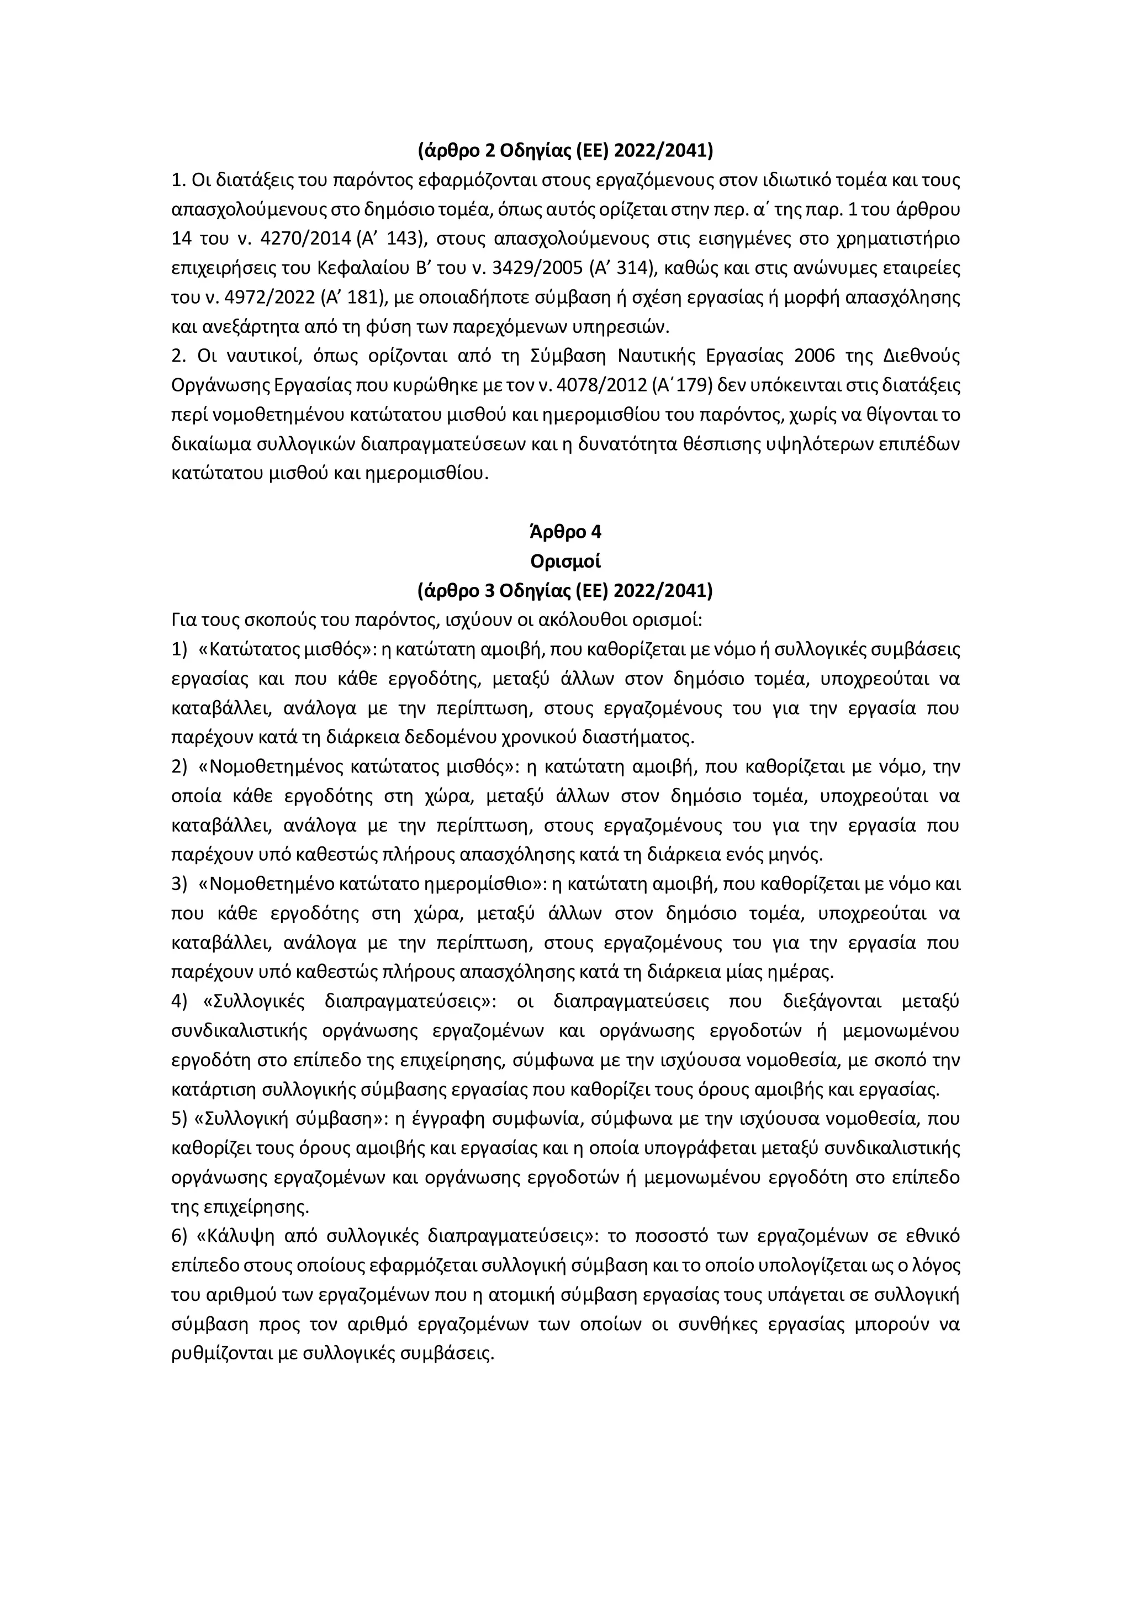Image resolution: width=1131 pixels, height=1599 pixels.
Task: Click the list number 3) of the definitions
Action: click(179, 885)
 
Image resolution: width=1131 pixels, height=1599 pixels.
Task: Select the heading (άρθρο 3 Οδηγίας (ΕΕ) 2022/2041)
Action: click(565, 591)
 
